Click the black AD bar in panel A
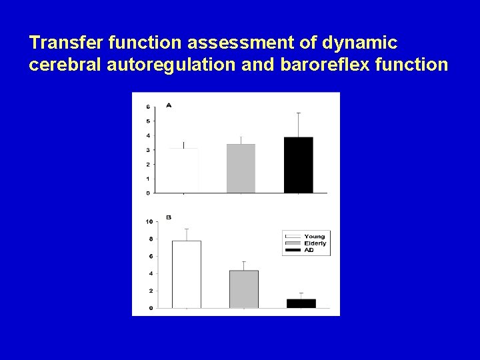(x=298, y=165)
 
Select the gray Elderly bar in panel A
(x=241, y=168)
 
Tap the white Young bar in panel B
(x=186, y=274)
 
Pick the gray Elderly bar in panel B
(x=243, y=289)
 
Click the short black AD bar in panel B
(x=301, y=303)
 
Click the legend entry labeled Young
(x=314, y=237)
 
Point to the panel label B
(x=168, y=217)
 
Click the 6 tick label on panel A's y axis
(x=147, y=107)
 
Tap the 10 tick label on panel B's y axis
(x=149, y=221)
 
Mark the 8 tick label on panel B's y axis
(x=150, y=239)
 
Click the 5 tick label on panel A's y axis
(x=147, y=121)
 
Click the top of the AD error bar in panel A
(x=298, y=113)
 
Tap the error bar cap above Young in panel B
(x=186, y=229)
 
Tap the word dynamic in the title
(x=359, y=43)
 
